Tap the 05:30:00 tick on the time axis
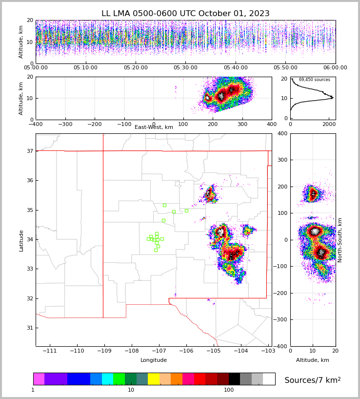click(x=185, y=67)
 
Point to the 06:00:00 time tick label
click(x=335, y=67)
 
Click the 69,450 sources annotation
click(x=314, y=80)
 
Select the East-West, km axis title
click(x=154, y=127)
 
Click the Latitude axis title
click(x=21, y=240)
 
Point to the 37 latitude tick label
click(x=29, y=151)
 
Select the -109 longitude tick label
click(x=103, y=351)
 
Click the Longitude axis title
click(x=154, y=360)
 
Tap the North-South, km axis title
click(x=340, y=240)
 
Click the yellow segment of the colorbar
click(x=154, y=379)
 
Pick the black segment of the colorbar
click(x=234, y=379)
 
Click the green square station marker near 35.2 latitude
click(x=164, y=205)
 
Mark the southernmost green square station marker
click(x=156, y=250)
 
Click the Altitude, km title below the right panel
click(x=313, y=360)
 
